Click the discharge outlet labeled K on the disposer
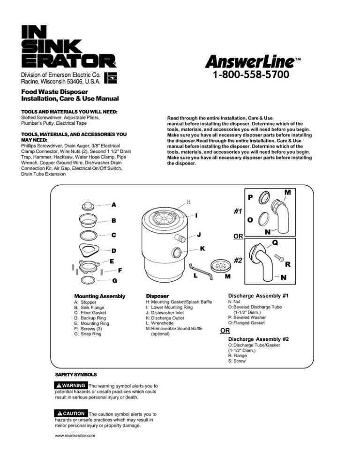point(178,253)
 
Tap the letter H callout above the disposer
point(188,202)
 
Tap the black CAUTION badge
point(70,413)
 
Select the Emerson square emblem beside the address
point(109,78)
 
